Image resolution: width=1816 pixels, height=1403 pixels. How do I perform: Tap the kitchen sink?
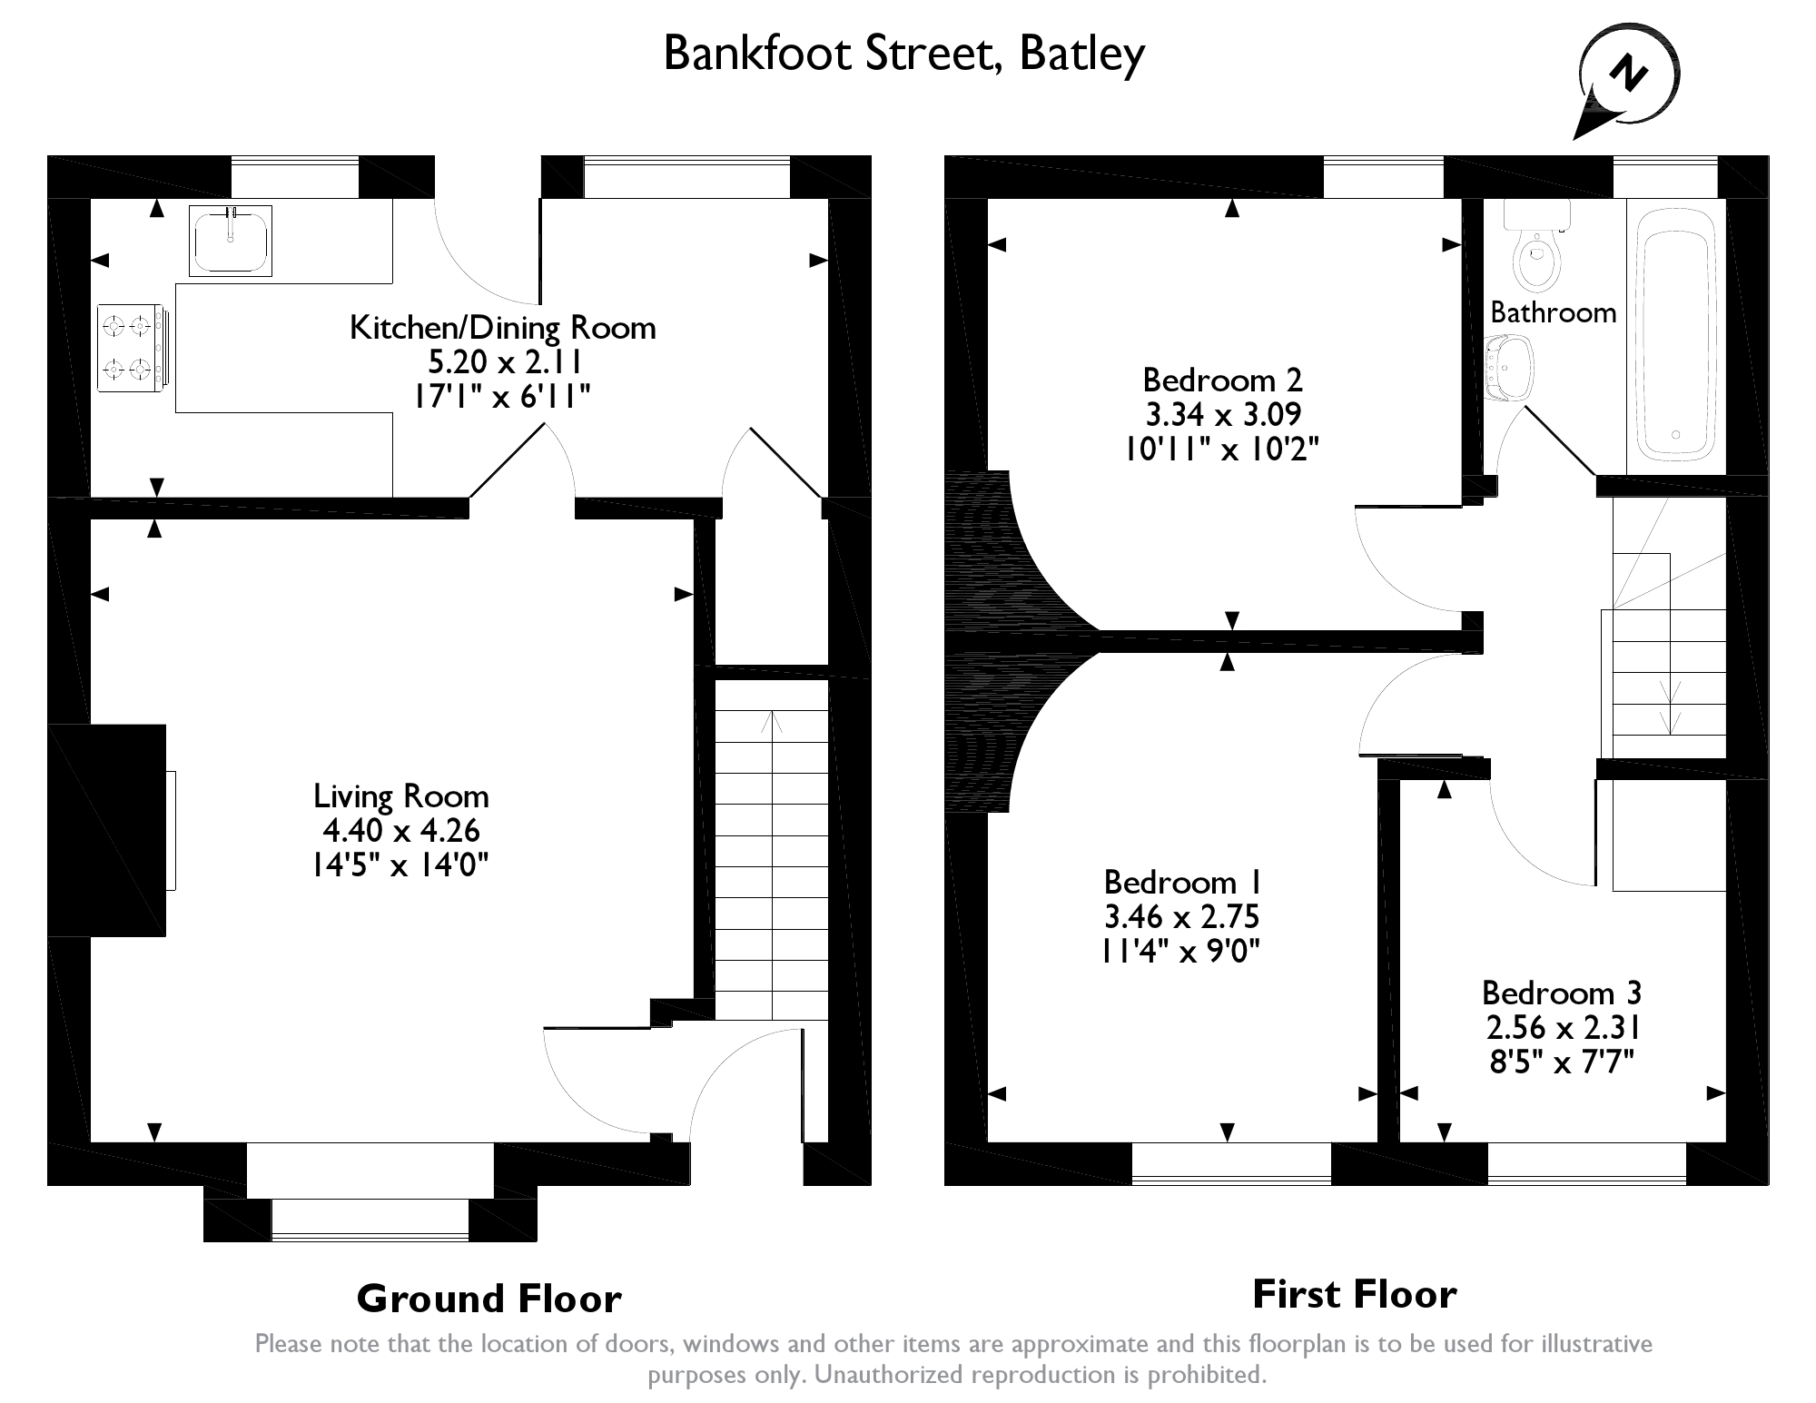click(231, 240)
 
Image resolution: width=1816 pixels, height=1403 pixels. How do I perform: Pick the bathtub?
click(1675, 332)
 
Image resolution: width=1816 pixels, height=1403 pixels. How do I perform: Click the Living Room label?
click(401, 796)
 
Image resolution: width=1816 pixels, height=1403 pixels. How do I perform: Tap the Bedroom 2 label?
click(1222, 379)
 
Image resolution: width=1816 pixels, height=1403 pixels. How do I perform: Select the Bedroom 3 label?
click(1562, 993)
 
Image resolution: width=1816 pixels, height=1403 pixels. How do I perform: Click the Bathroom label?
click(1554, 312)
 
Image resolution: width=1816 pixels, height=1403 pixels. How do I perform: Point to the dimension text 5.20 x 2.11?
click(504, 362)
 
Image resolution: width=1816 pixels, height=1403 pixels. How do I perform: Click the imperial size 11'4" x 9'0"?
click(1181, 951)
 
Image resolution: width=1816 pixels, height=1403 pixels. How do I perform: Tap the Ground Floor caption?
click(489, 1299)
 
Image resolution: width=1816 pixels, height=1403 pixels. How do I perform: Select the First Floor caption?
click(1354, 1294)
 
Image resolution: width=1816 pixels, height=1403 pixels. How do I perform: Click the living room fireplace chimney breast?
click(107, 830)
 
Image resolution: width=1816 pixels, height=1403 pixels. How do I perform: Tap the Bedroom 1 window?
click(1231, 1163)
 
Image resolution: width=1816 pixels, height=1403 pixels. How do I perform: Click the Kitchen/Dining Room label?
click(503, 327)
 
